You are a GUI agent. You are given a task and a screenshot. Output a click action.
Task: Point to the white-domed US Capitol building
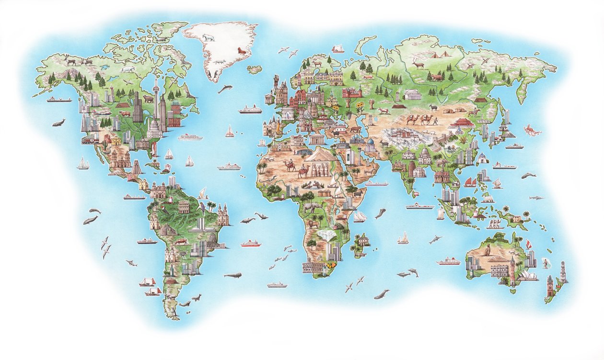click(154, 128)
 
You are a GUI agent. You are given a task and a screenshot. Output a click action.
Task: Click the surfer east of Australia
click(545, 262)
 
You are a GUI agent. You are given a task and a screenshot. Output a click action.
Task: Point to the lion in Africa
click(314, 223)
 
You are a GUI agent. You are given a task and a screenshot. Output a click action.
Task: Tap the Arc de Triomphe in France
click(288, 114)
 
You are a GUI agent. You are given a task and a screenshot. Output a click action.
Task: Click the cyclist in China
click(459, 130)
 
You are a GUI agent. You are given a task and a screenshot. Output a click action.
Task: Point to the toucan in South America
click(206, 207)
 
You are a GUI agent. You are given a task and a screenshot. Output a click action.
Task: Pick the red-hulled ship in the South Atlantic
click(251, 243)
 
